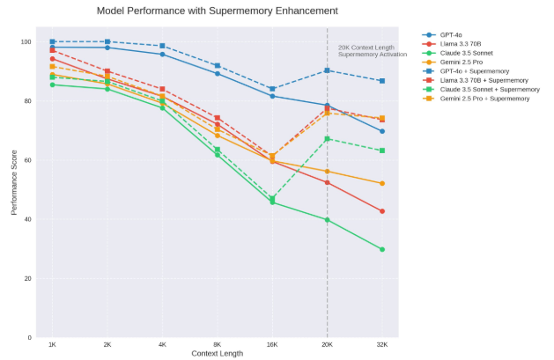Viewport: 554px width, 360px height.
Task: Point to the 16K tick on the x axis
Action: click(272, 344)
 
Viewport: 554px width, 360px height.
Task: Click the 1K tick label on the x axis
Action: click(53, 344)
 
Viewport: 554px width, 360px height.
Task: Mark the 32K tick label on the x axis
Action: click(381, 344)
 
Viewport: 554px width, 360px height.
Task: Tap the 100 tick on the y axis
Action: click(26, 42)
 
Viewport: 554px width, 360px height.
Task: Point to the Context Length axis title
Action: click(217, 354)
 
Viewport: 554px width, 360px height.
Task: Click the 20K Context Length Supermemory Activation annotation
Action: click(373, 50)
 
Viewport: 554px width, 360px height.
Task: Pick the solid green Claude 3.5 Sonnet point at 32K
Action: click(381, 249)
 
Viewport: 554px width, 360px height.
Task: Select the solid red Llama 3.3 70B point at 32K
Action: click(381, 211)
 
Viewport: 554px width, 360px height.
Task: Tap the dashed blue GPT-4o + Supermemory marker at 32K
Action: click(381, 81)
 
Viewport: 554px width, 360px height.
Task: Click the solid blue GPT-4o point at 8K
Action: click(217, 73)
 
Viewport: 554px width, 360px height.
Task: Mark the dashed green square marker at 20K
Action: click(327, 139)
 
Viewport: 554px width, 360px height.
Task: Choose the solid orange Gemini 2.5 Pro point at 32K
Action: click(381, 183)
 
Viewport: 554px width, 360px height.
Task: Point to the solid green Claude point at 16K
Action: click(272, 202)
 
